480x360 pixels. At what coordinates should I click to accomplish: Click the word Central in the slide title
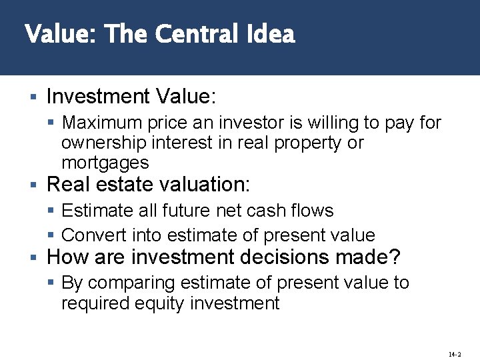pos(193,33)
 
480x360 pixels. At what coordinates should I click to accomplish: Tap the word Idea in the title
pos(271,33)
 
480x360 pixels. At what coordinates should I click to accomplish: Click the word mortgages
pos(105,163)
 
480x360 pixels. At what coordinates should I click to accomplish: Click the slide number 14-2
pos(455,355)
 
